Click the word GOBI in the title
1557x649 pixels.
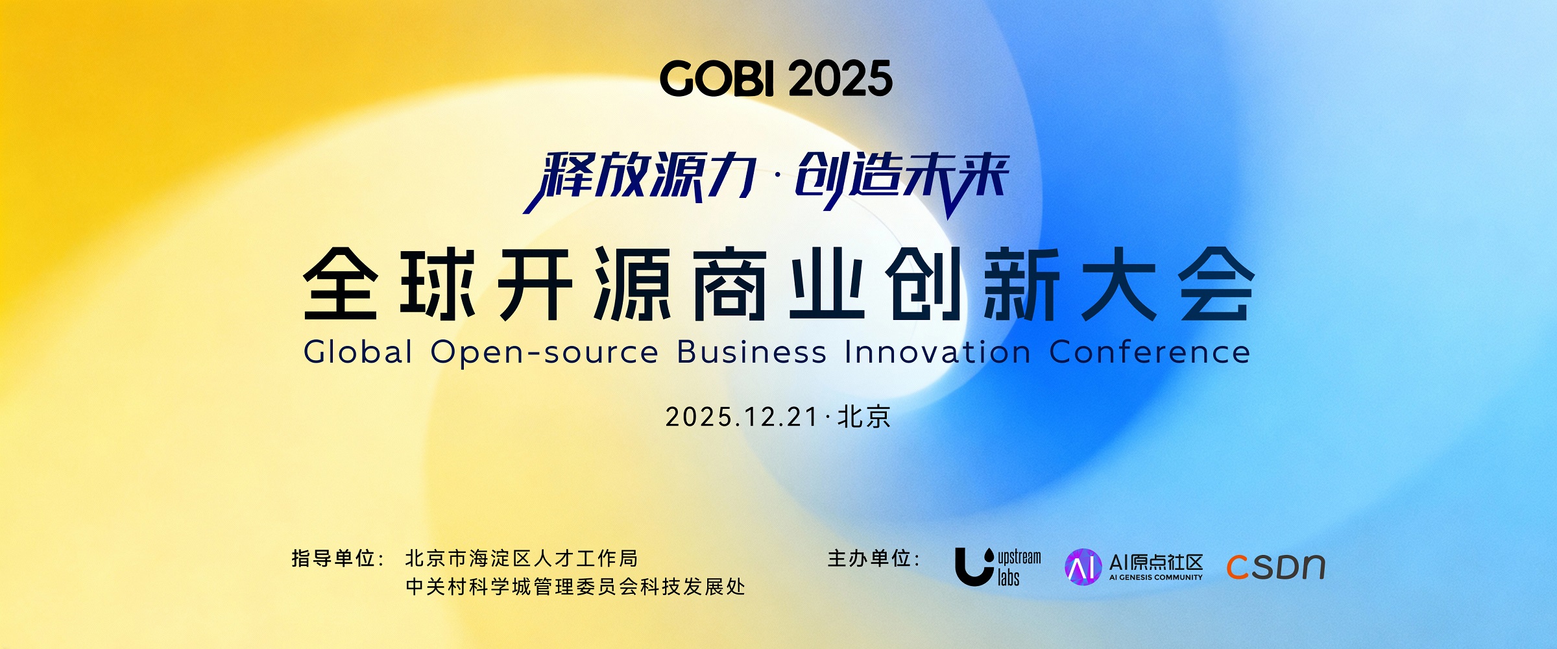[x=718, y=79]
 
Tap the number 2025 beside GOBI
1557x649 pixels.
[x=841, y=79]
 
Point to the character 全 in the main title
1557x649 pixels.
[x=341, y=284]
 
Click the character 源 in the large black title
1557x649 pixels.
[x=633, y=284]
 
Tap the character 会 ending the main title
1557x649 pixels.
[x=1216, y=284]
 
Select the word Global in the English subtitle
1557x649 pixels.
[x=358, y=352]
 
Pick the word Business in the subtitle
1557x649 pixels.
[x=752, y=352]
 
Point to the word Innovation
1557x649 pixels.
[x=938, y=352]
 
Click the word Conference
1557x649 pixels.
[x=1150, y=352]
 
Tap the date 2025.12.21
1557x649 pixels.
[x=742, y=417]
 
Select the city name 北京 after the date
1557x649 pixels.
[x=864, y=417]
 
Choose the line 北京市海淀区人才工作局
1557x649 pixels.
[x=522, y=558]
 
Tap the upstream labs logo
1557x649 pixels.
[x=998, y=567]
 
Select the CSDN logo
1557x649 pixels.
[x=1275, y=567]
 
